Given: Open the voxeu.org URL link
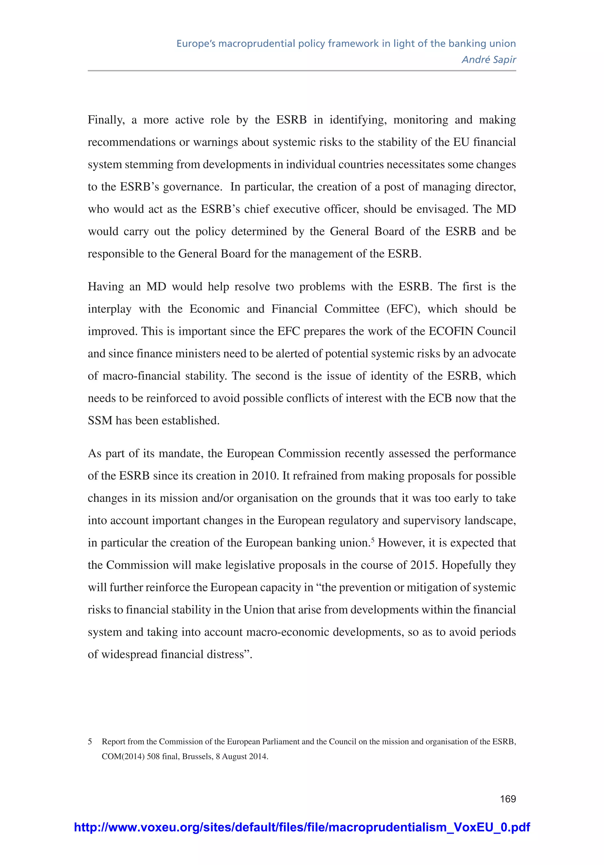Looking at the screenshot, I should [x=302, y=827].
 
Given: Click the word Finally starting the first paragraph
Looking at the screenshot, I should [x=106, y=120].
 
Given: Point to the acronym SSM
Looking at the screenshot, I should [x=100, y=421].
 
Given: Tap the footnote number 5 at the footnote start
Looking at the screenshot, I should [x=90, y=742].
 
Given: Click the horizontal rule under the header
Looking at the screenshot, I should [x=302, y=71].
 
